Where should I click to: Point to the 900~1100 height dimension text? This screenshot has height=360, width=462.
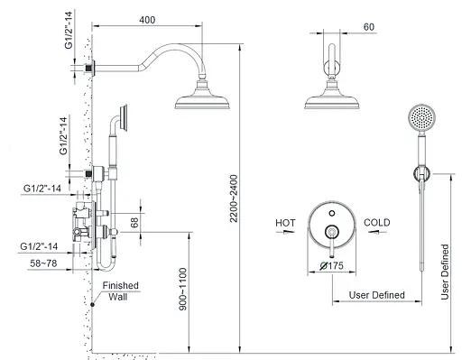(x=182, y=290)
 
